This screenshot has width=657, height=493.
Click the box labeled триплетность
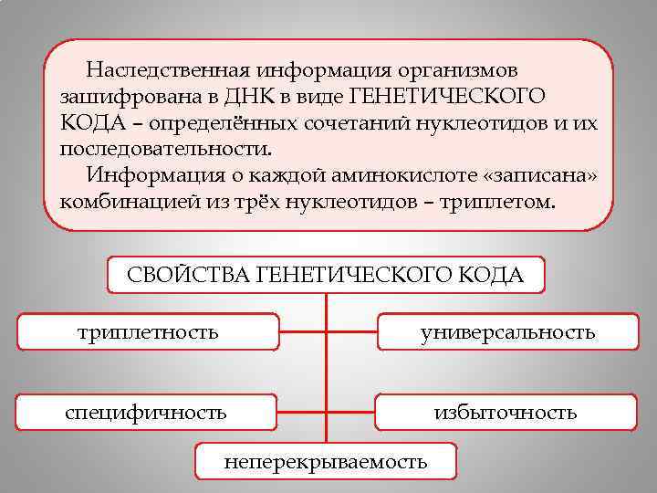(148, 331)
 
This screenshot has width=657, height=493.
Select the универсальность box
(507, 331)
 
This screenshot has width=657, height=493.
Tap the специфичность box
(146, 412)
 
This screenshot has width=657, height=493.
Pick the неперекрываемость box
(326, 461)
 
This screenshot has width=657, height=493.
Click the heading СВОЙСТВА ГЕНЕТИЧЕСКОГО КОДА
(326, 275)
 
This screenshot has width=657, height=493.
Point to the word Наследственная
(168, 69)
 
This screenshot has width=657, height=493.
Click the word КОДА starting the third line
(89, 121)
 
